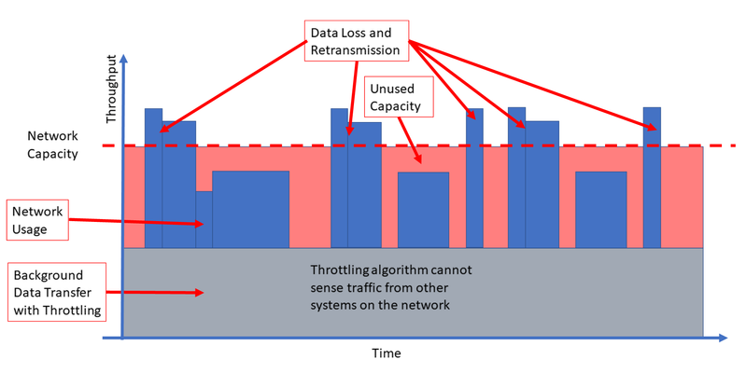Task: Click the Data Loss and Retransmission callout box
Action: coord(357,41)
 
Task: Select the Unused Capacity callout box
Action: coord(399,97)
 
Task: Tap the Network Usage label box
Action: coord(37,220)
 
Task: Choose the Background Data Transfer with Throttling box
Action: coord(57,292)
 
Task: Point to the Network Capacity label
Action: coord(52,145)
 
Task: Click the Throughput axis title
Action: coord(111,89)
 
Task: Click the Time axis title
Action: coord(387,353)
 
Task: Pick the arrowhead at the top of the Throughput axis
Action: coord(123,59)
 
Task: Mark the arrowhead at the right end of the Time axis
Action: coord(723,338)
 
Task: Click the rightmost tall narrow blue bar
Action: coord(652,178)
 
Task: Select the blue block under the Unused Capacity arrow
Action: coord(424,210)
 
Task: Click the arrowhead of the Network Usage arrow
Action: coord(200,225)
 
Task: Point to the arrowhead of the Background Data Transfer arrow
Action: coord(200,293)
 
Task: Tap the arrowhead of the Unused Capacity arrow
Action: coord(417,159)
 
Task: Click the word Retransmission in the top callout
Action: coord(356,50)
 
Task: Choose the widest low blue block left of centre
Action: coord(251,210)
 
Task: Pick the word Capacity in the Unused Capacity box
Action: coord(395,106)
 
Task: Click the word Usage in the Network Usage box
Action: coord(30,230)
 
